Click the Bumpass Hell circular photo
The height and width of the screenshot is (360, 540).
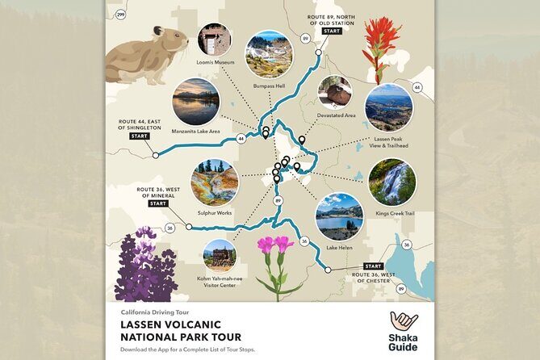point(268,53)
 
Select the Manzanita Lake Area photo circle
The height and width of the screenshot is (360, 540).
point(196,101)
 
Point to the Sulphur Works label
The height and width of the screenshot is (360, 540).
point(214,212)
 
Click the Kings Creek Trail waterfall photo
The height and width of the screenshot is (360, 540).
point(392,182)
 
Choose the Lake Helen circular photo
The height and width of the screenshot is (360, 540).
point(339,216)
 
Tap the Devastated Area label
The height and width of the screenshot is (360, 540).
point(337,116)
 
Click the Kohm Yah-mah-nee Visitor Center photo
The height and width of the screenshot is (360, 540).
point(220,255)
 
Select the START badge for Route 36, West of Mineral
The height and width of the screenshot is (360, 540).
point(158,203)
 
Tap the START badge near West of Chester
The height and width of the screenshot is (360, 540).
point(373,266)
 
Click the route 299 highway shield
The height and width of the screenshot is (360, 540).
point(120,15)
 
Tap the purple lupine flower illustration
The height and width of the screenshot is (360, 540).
point(145,266)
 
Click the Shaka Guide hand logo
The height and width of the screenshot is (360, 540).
point(404,320)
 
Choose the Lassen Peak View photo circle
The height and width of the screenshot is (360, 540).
point(388,107)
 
